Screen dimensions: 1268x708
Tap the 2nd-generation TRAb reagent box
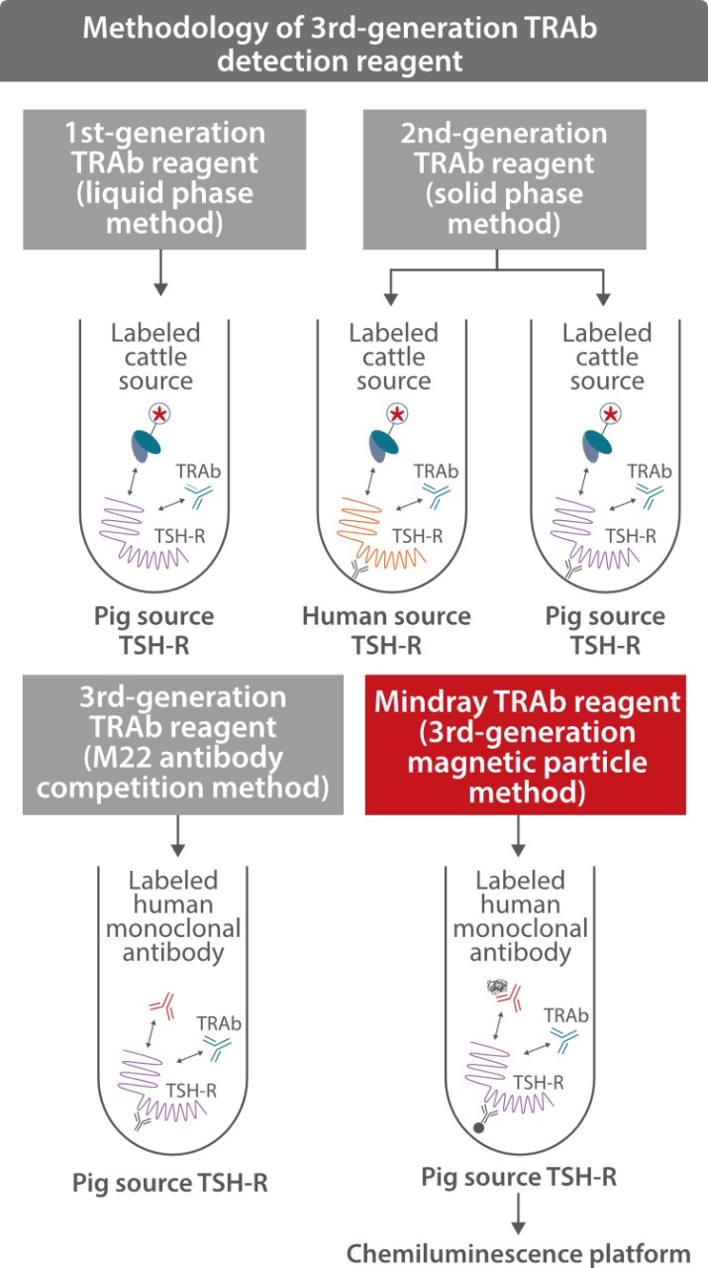pyautogui.click(x=504, y=178)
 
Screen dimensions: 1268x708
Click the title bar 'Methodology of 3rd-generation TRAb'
pyautogui.click(x=354, y=42)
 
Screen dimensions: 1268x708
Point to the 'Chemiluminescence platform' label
pyautogui.click(x=518, y=1252)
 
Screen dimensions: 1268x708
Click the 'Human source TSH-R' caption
pyautogui.click(x=386, y=630)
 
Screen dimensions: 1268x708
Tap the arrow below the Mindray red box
pyautogui.click(x=518, y=838)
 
